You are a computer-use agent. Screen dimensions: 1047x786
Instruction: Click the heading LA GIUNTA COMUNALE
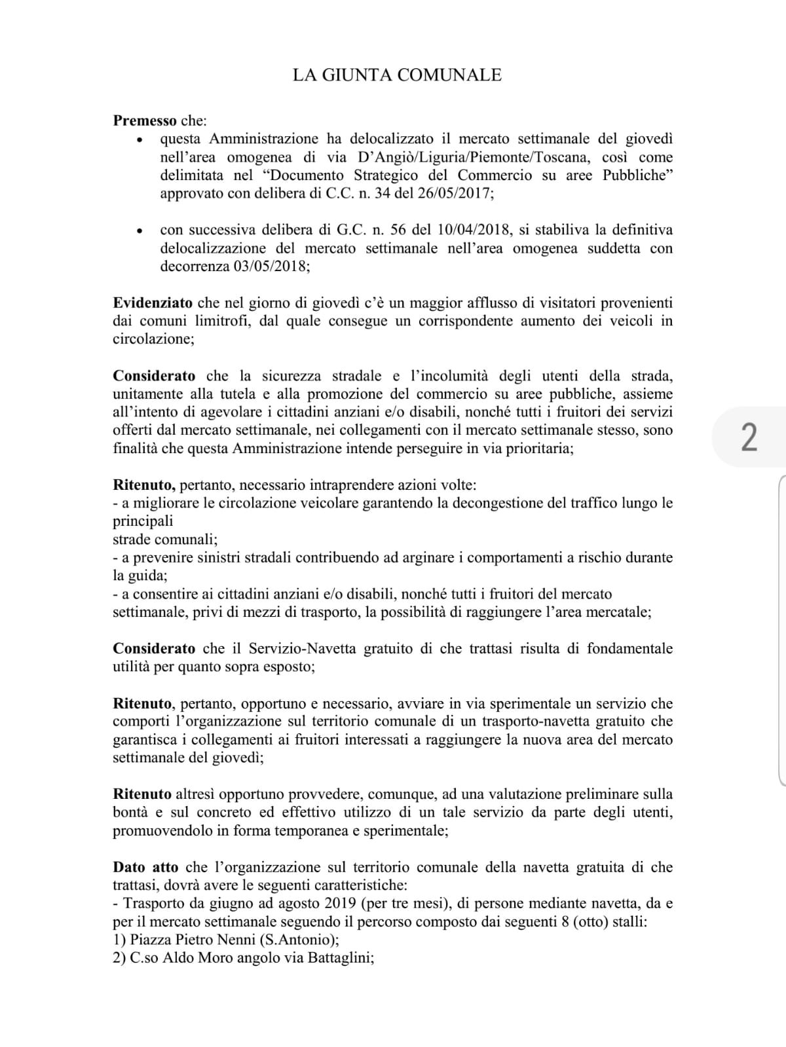coord(397,75)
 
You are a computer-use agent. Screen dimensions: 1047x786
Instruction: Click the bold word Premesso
coord(145,120)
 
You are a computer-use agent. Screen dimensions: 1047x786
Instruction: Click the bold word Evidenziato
coord(153,303)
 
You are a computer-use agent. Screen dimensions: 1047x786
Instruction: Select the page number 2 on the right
coord(749,437)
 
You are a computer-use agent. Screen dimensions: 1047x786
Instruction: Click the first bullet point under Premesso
coord(138,140)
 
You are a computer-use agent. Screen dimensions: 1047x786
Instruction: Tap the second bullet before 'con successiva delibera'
coord(138,231)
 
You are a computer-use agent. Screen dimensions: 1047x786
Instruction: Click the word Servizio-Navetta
coord(302,648)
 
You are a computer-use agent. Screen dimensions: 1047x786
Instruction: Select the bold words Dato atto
coord(145,867)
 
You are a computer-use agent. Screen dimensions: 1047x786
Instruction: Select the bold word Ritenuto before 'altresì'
coord(142,794)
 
